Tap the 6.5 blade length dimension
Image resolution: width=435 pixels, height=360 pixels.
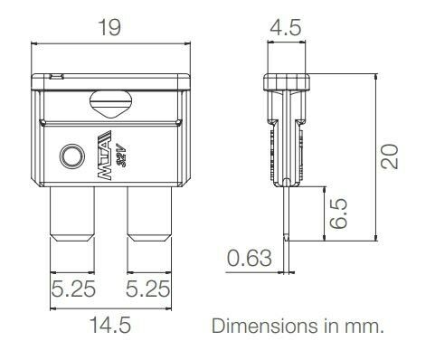(x=337, y=213)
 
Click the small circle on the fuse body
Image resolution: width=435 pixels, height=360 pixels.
(x=69, y=157)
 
